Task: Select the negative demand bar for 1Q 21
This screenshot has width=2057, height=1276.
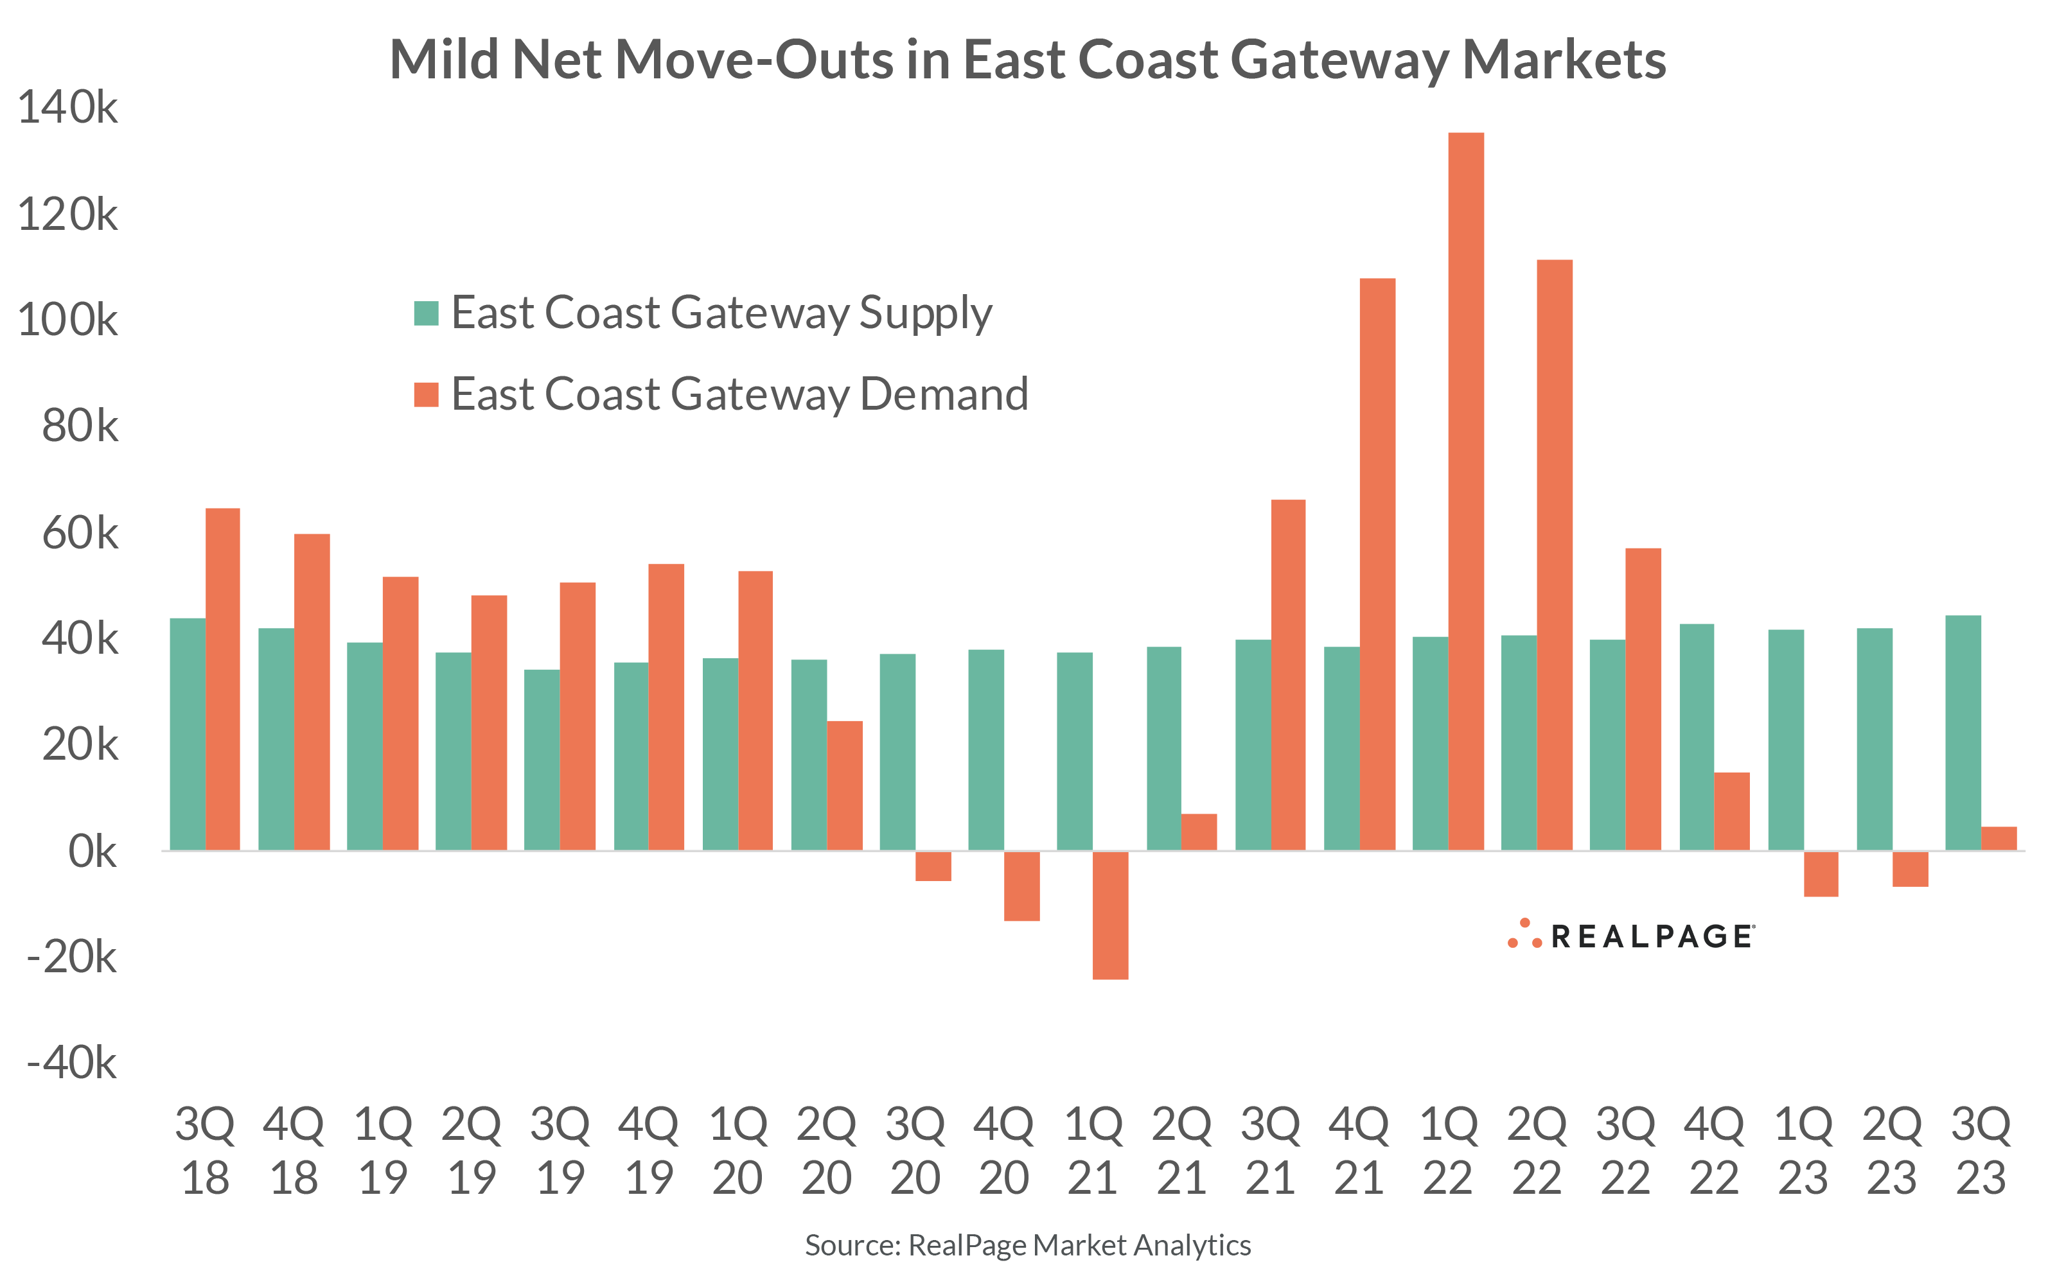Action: click(1110, 915)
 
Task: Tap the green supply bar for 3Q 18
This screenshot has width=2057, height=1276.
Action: click(188, 734)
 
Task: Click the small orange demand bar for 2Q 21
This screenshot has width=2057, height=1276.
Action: click(1199, 832)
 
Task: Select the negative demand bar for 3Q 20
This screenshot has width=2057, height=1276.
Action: click(933, 866)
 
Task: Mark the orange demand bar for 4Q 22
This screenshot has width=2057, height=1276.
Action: click(1731, 811)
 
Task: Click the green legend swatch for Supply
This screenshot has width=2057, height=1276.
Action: click(427, 313)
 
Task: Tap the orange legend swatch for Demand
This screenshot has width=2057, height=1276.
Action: click(427, 394)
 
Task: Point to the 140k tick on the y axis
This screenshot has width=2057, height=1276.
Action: click(67, 108)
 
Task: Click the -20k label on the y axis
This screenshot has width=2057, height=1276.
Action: click(72, 957)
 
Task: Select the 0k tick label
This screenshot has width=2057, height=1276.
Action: click(92, 852)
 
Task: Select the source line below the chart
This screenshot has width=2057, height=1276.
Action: click(1027, 1245)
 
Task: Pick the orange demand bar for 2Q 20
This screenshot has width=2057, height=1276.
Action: click(844, 785)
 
